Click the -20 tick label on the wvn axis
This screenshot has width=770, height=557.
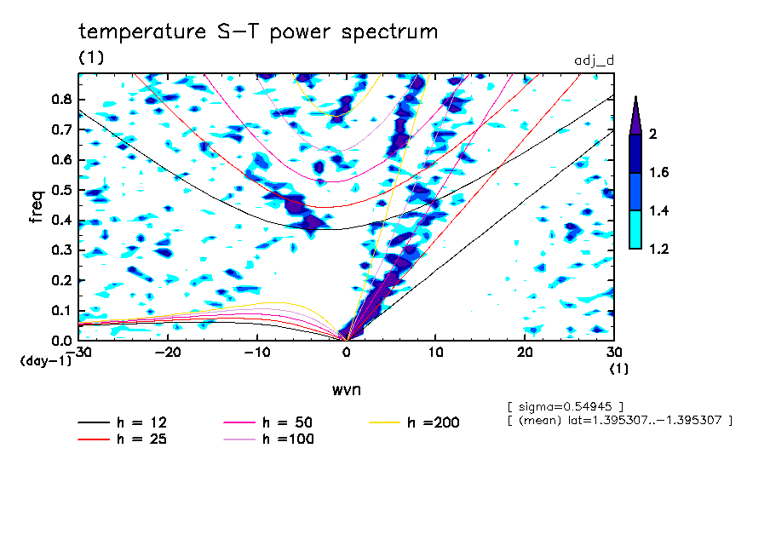pos(168,353)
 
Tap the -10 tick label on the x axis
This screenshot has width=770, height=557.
pos(257,353)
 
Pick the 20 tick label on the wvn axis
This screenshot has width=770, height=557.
pos(526,353)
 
